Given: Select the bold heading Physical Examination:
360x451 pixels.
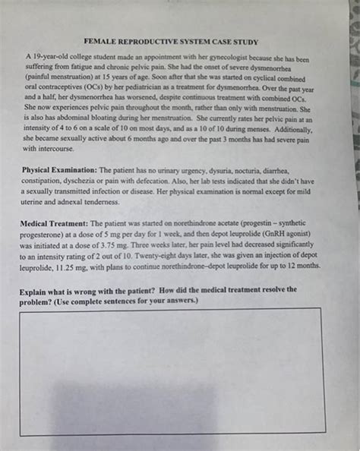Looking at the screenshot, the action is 59,170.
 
